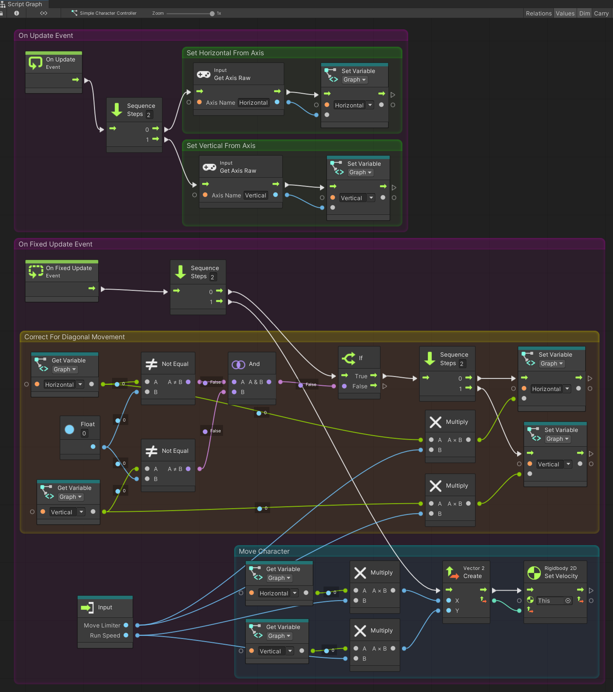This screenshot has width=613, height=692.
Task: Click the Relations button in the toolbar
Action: coord(538,14)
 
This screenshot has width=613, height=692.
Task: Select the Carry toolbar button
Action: coord(601,14)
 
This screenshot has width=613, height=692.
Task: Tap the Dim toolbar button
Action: coord(584,14)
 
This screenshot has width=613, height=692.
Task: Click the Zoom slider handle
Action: coord(212,14)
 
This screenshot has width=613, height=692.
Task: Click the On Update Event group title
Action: coord(46,36)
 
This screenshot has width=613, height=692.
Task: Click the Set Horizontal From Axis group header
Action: coord(225,53)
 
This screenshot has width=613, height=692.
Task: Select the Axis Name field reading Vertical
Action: coord(255,196)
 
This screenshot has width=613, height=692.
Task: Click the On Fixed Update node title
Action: coord(68,268)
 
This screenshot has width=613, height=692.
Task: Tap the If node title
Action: coord(360,358)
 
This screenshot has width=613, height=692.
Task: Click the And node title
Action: coord(254,364)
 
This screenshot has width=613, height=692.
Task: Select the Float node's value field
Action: coord(84,434)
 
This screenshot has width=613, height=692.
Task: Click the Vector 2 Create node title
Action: coord(473,572)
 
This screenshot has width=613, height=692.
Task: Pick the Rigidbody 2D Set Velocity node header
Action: coord(560,572)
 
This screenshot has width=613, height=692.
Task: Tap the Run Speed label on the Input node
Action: coord(105,636)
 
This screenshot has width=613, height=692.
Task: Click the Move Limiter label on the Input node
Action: coord(102,626)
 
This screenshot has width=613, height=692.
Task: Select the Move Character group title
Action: coord(264,551)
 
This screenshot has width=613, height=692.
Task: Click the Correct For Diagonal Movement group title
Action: coord(74,337)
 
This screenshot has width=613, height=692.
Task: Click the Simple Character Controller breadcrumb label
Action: coord(108,13)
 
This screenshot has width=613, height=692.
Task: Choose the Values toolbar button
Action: coord(565,14)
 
